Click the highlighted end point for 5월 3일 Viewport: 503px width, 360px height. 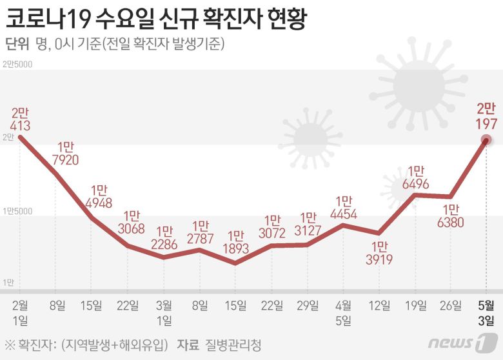[486, 140]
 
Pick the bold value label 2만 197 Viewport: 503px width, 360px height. [486, 114]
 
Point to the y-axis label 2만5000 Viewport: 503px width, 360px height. [17, 64]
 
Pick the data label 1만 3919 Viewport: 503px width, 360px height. [379, 253]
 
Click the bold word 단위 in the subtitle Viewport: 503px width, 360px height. [17, 44]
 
